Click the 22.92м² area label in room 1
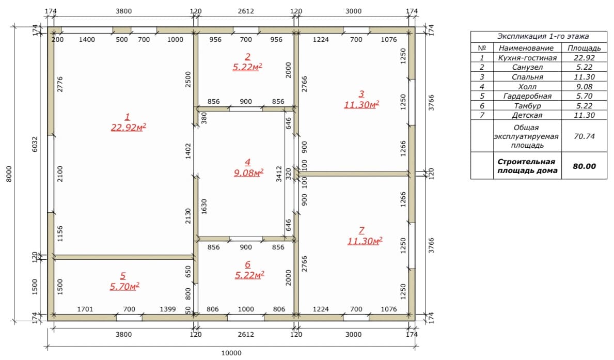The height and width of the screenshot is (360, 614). (129, 127)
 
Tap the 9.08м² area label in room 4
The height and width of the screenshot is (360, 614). (248, 173)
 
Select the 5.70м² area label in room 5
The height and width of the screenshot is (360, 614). (124, 286)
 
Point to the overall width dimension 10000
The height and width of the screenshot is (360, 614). (231, 353)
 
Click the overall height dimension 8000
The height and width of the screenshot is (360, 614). (9, 174)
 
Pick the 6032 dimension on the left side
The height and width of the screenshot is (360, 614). (35, 144)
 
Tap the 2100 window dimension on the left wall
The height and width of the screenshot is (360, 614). (60, 174)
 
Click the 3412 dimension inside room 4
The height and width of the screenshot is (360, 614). (279, 174)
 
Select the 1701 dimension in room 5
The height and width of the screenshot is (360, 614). (85, 309)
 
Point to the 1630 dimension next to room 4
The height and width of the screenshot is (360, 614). (203, 207)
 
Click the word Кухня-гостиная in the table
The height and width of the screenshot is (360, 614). (527, 58)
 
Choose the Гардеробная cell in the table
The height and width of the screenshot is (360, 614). (527, 96)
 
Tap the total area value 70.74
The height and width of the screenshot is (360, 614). (584, 136)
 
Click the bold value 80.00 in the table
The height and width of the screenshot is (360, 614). (584, 166)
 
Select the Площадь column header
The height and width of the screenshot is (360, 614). (584, 48)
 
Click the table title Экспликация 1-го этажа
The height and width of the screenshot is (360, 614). (543, 37)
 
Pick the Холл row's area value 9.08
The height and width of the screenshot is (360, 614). (584, 87)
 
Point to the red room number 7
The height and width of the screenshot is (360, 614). (361, 230)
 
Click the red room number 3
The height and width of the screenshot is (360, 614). (361, 94)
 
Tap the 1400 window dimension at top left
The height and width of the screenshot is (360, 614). (87, 40)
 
